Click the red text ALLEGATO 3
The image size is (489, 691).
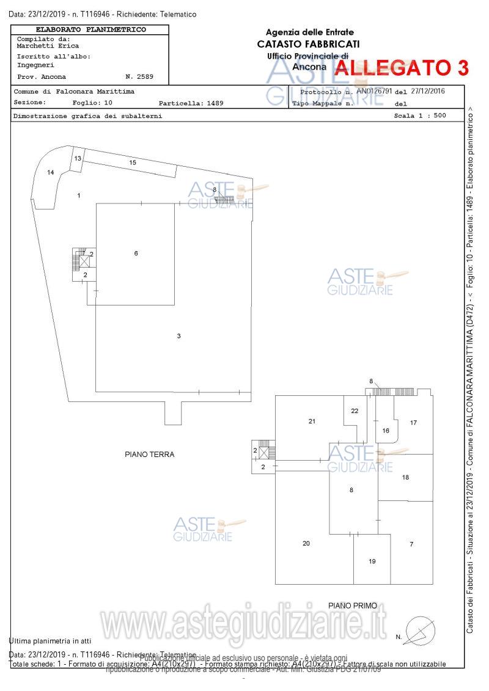402,68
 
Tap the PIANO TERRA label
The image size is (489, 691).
150,455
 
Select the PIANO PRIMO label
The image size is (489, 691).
357,605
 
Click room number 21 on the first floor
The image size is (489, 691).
312,421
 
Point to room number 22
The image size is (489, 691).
355,411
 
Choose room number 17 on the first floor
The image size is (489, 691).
413,423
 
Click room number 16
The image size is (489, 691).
386,431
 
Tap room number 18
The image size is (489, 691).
405,477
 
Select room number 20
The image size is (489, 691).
306,543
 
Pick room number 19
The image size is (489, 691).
372,561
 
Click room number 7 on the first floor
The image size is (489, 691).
411,544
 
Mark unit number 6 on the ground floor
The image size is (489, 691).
136,253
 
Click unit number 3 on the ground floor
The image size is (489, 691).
178,336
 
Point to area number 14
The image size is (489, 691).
51,173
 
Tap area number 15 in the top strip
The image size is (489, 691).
132,162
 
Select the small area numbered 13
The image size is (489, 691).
78,158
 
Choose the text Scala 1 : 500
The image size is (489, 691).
421,115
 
